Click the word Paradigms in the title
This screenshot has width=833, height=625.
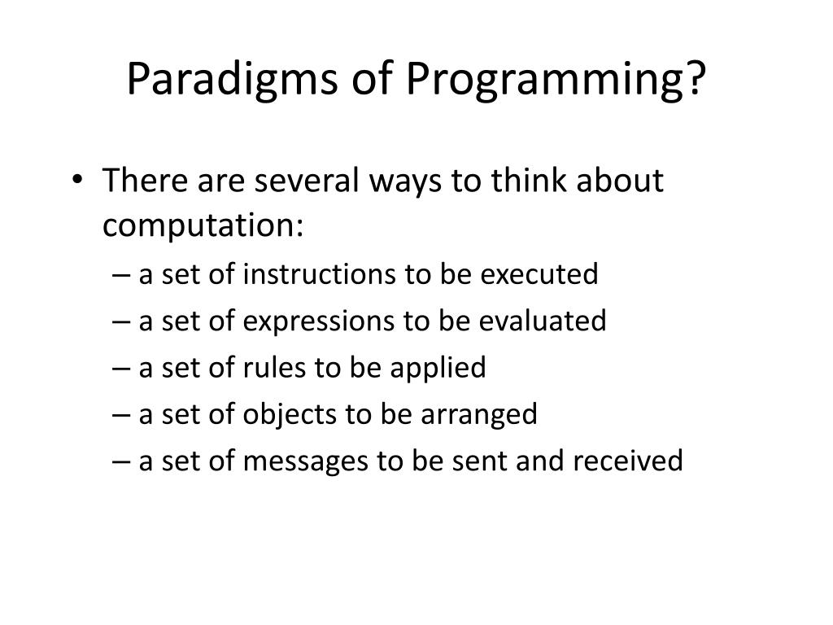(232, 79)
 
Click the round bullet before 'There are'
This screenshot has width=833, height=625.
(77, 178)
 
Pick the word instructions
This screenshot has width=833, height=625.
(319, 274)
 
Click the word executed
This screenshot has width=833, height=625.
(539, 274)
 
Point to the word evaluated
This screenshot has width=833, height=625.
(543, 321)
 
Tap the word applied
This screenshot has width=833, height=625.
(438, 368)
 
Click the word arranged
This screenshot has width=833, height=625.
(479, 414)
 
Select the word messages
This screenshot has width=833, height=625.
(306, 461)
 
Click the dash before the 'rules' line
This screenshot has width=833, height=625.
(121, 369)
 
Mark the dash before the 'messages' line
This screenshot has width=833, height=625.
(121, 461)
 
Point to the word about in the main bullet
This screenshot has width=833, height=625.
(620, 180)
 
